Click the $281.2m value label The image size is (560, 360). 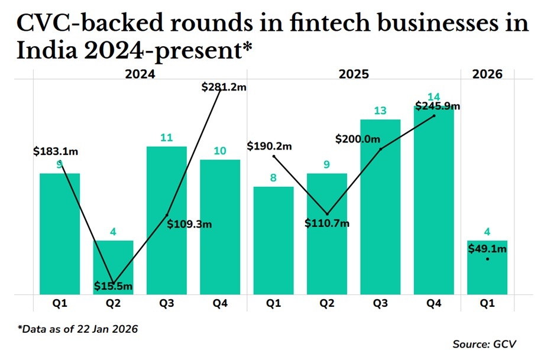coord(224,87)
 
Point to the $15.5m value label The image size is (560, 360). coord(113,286)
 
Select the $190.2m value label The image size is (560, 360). coord(270,145)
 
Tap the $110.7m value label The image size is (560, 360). coord(327,223)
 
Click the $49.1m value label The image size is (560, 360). coord(487,249)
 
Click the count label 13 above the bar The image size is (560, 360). coord(380,111)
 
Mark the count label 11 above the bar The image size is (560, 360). coord(167,138)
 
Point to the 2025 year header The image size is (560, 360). coord(354,74)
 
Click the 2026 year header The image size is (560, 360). coord(487,74)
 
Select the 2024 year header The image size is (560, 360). coord(140,74)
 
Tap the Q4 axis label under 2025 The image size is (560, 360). coord(434,304)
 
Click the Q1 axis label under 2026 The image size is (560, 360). coord(487,304)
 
